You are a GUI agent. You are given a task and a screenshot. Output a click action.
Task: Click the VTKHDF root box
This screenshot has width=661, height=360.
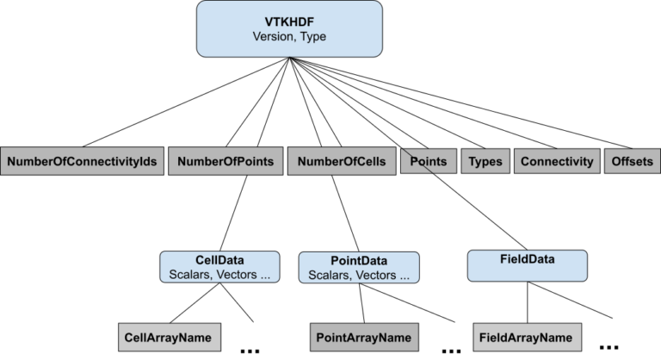(289, 29)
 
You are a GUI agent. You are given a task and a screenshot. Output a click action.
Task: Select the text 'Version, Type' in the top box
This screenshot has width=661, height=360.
(289, 37)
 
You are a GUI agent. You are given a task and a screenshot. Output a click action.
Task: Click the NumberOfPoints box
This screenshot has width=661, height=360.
(226, 161)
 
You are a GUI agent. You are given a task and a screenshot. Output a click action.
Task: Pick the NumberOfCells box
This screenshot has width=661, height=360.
(342, 161)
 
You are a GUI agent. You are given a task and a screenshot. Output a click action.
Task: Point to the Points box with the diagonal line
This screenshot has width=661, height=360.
(428, 161)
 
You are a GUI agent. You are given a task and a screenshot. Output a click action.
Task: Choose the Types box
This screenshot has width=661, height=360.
(485, 161)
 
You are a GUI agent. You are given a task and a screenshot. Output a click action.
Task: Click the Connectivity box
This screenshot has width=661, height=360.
(557, 161)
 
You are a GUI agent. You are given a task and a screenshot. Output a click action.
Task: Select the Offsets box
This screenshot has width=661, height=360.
(632, 161)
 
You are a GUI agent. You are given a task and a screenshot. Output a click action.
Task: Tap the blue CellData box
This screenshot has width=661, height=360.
(219, 267)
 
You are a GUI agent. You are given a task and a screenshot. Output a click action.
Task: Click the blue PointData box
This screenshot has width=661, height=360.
(358, 268)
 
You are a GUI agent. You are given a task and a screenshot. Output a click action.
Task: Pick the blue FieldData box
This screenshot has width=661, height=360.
(527, 265)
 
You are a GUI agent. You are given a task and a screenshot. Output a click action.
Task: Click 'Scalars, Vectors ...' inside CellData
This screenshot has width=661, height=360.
(219, 275)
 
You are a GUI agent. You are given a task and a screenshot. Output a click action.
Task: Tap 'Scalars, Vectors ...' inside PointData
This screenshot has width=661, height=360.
(358, 276)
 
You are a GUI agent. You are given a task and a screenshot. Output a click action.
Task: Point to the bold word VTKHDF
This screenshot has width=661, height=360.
(289, 22)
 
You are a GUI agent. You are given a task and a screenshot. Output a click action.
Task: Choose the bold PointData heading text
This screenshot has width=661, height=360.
(358, 261)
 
